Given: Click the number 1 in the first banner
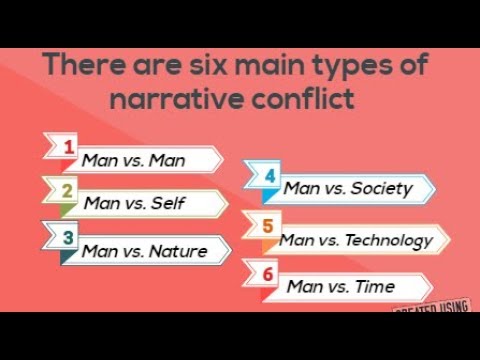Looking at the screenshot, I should [x=68, y=148].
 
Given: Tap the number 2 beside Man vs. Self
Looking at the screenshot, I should [x=67, y=191].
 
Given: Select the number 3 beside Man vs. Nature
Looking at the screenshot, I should [x=67, y=238].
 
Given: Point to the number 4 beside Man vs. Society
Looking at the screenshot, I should [x=270, y=177].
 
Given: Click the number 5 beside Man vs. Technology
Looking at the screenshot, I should [x=267, y=226].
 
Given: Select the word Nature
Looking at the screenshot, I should [x=178, y=250].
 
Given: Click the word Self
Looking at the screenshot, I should [x=167, y=203].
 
